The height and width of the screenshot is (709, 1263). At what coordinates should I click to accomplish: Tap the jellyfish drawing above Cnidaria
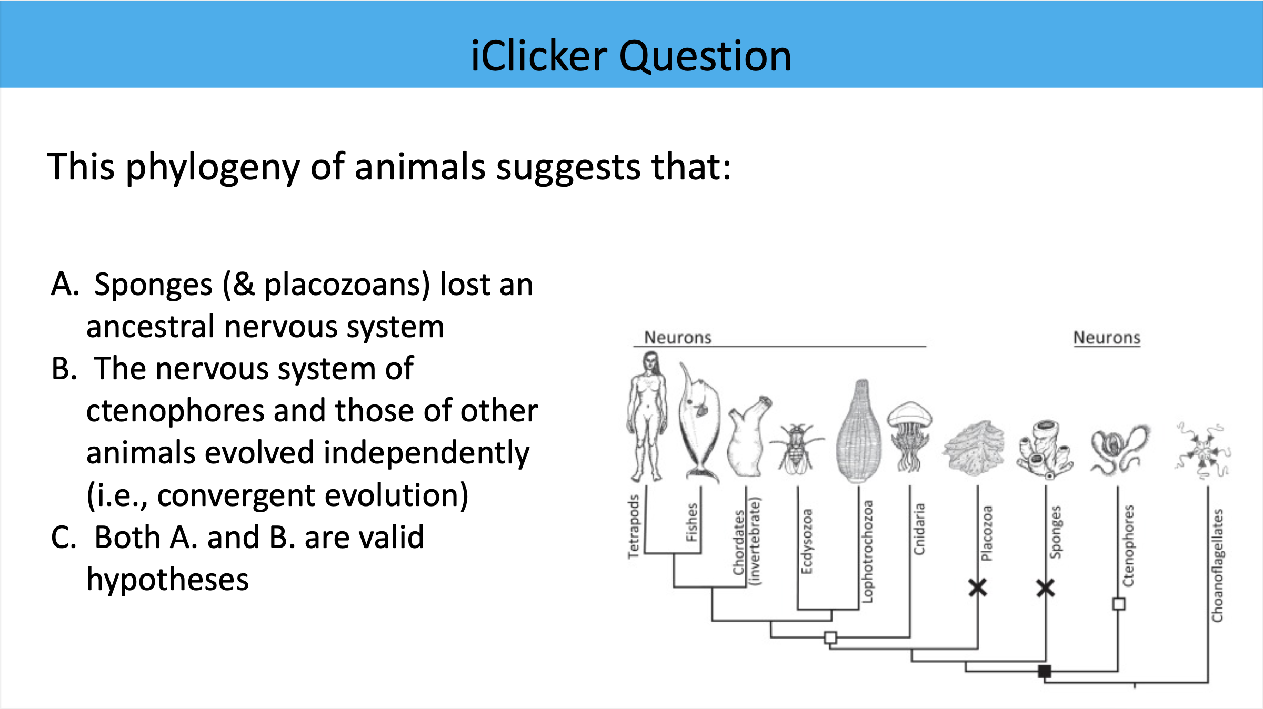(909, 434)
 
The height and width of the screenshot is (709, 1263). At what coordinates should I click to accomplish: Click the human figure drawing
(647, 416)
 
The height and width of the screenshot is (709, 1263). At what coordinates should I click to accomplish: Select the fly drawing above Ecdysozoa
(797, 447)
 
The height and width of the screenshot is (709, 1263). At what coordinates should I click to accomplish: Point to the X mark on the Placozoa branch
(978, 588)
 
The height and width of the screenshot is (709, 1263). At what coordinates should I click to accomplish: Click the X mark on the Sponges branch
(1045, 588)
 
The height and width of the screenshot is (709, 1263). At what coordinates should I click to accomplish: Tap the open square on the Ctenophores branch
(1119, 604)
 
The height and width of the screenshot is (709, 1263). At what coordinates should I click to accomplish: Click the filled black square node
(1045, 671)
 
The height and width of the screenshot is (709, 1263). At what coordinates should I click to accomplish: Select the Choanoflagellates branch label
(1217, 565)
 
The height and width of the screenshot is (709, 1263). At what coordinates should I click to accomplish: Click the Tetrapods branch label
(633, 526)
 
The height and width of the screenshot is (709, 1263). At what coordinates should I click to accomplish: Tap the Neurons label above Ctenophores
(1107, 338)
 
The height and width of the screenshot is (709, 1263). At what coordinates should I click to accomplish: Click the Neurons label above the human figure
(678, 338)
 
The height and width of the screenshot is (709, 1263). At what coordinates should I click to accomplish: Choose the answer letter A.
(65, 285)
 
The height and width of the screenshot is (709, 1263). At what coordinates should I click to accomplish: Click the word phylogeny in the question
(213, 167)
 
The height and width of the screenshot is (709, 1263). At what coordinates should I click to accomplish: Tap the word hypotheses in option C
(167, 580)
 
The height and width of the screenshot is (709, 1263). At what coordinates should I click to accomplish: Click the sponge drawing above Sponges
(1045, 449)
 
